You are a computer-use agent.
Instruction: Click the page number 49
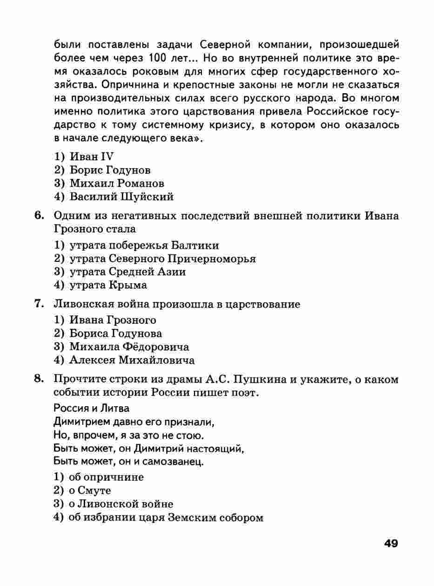391,544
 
